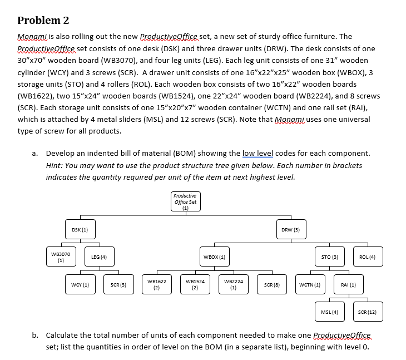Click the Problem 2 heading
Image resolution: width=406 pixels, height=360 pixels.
click(x=43, y=21)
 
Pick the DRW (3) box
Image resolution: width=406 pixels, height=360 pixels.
click(x=290, y=229)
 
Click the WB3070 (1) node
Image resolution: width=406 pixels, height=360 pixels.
click(x=61, y=257)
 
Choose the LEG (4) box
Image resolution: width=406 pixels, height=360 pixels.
click(x=99, y=257)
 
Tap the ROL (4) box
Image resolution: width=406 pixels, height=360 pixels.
click(x=368, y=257)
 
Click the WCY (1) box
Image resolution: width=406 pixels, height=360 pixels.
click(x=81, y=284)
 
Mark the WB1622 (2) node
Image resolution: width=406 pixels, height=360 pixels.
click(x=156, y=284)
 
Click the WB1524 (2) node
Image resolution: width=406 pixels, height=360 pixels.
click(x=195, y=284)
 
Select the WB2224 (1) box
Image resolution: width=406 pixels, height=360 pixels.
click(x=233, y=284)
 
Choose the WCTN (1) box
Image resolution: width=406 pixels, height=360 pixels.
click(x=309, y=284)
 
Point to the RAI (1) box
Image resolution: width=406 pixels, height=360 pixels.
click(x=348, y=284)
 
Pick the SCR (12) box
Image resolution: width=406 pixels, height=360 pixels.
click(x=368, y=312)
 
